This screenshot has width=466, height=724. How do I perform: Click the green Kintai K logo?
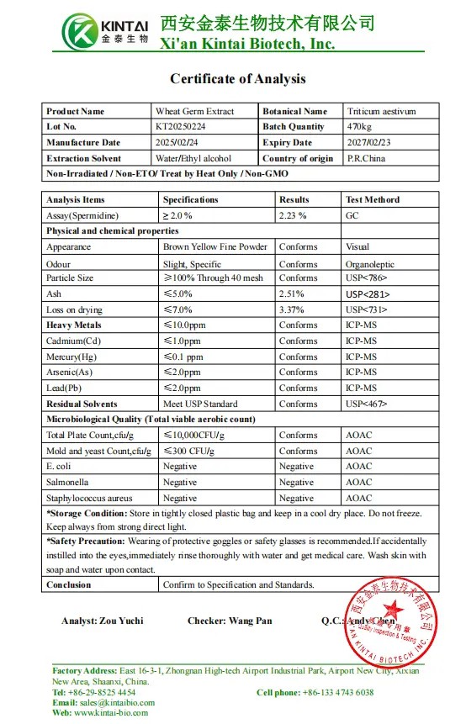tap(82, 32)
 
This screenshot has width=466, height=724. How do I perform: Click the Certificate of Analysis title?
tap(238, 79)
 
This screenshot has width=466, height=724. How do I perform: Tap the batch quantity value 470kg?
tap(360, 127)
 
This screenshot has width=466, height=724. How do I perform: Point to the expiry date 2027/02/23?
tap(368, 143)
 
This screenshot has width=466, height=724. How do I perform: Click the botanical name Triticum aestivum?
tap(381, 111)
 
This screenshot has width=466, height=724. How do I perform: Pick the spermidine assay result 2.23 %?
tap(293, 215)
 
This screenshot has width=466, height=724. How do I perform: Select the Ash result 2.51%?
tap(292, 294)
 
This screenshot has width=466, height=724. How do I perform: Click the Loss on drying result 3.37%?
tap(292, 309)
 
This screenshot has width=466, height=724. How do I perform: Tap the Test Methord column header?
tap(373, 200)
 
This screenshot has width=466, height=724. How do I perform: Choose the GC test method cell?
tap(352, 215)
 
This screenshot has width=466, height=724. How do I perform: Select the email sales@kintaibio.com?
tap(116, 702)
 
